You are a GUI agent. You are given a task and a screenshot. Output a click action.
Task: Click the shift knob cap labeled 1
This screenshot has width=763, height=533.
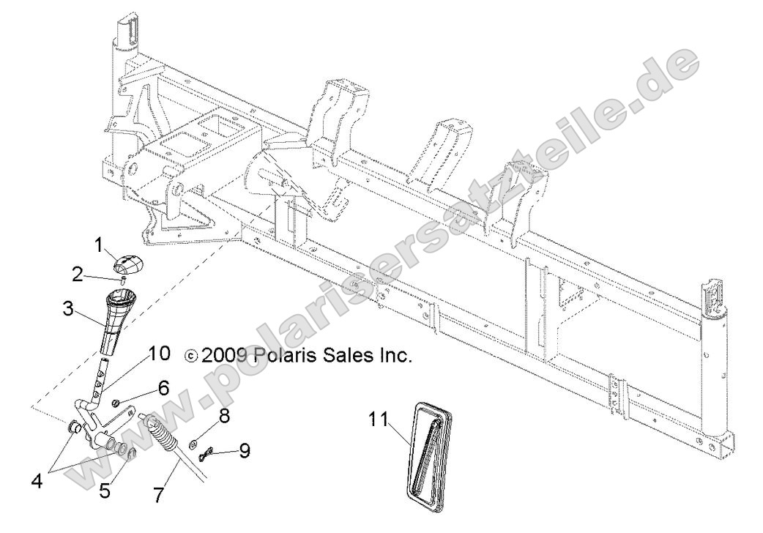(x=129, y=262)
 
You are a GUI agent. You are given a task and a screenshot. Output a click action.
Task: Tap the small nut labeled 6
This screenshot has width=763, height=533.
(x=117, y=403)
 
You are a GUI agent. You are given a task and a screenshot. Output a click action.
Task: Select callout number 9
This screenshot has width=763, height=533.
(x=244, y=450)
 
